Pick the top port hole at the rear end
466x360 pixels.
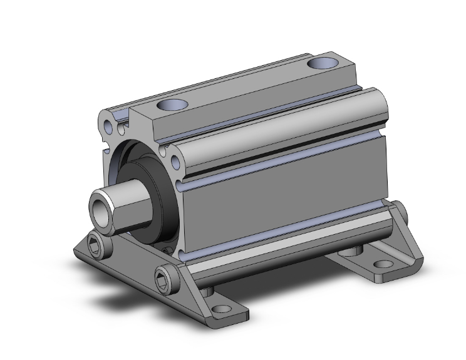323,63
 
